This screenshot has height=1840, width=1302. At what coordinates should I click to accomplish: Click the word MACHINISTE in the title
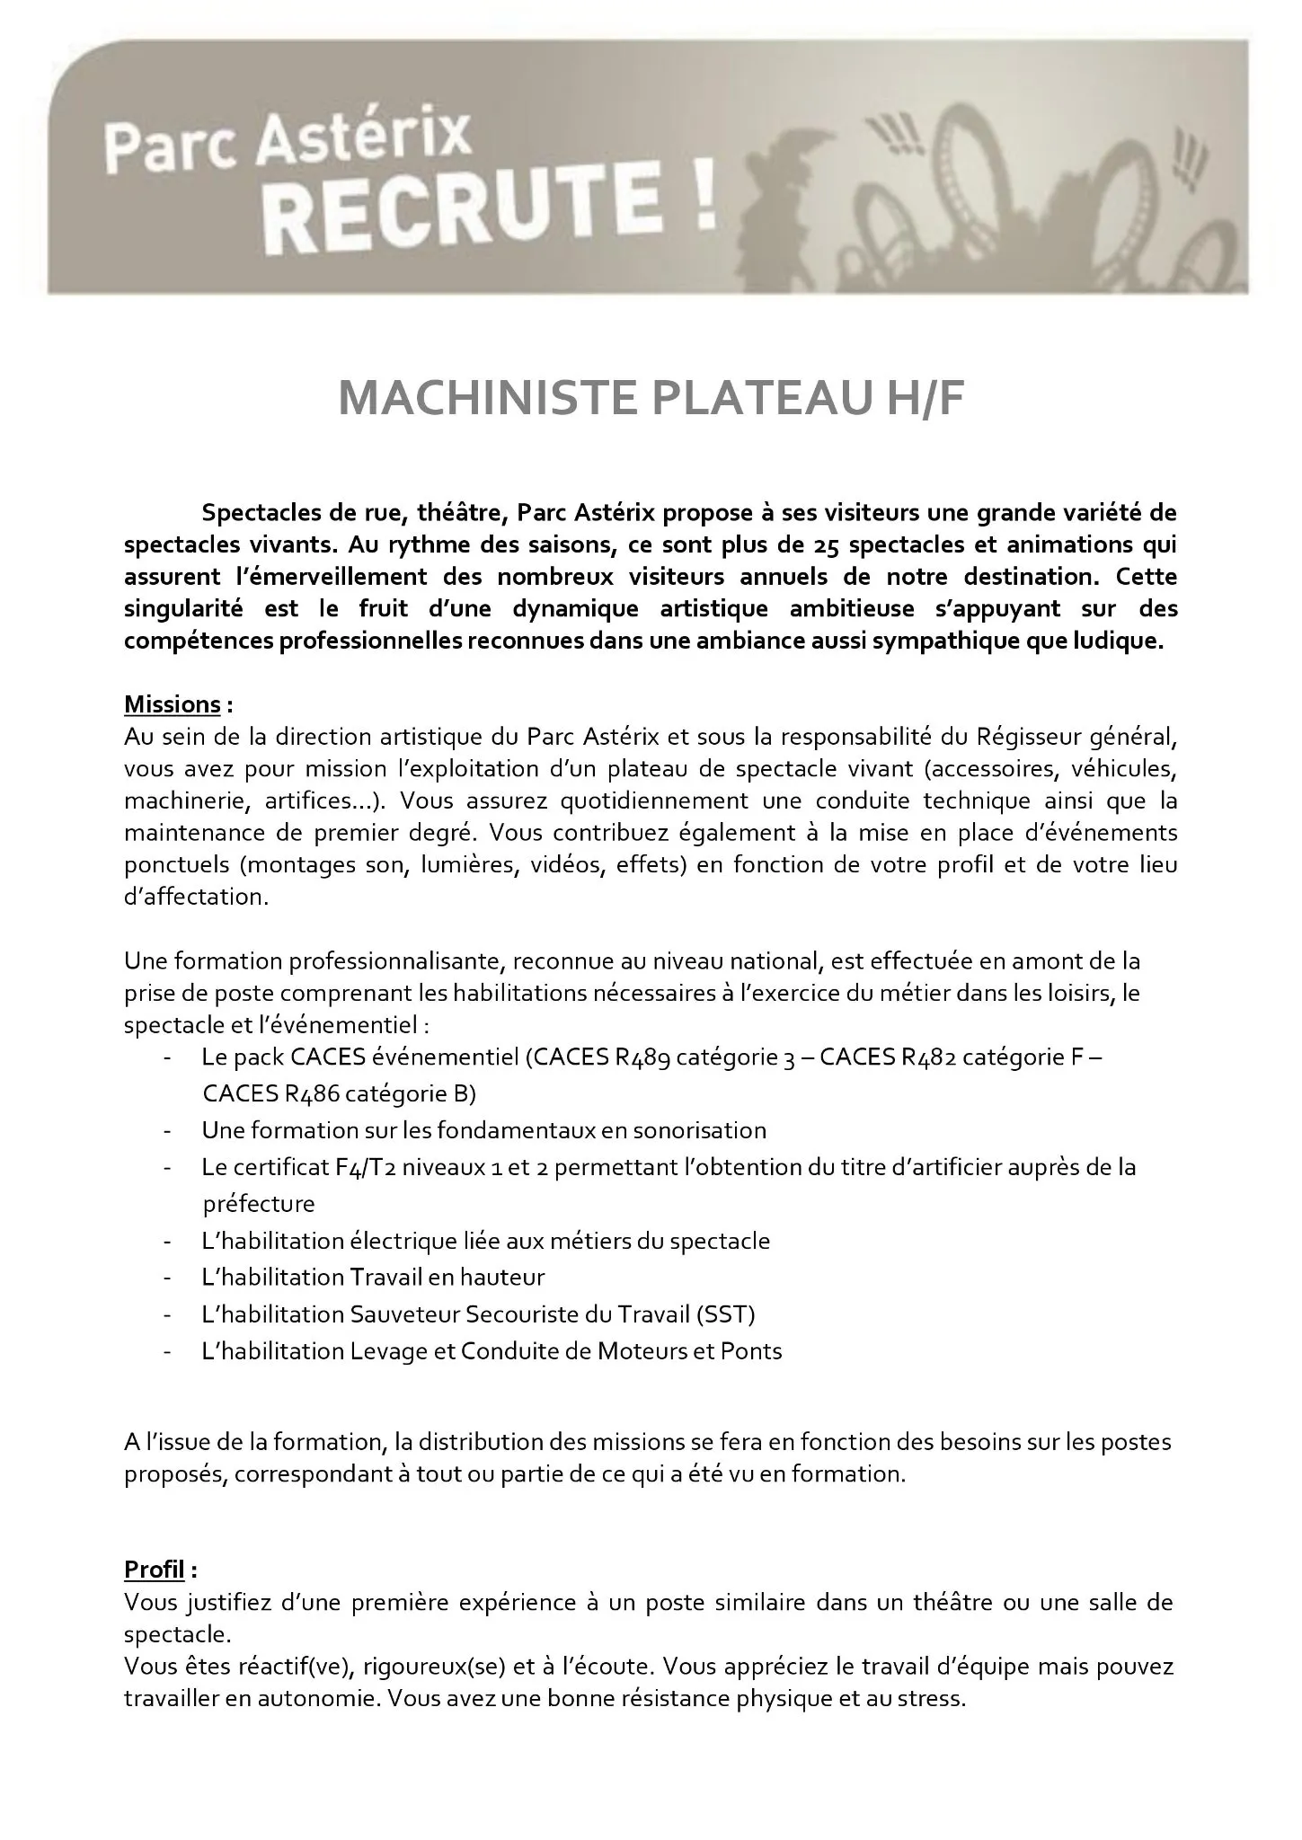click(481, 399)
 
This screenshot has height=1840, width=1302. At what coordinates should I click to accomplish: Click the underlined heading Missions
click(172, 703)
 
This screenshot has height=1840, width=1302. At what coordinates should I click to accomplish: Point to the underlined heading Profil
click(154, 1570)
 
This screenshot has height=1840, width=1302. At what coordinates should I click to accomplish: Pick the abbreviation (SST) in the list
click(725, 1314)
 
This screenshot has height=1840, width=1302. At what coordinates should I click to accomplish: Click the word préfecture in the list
click(259, 1204)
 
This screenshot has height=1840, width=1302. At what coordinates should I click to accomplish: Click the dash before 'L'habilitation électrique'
click(168, 1242)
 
